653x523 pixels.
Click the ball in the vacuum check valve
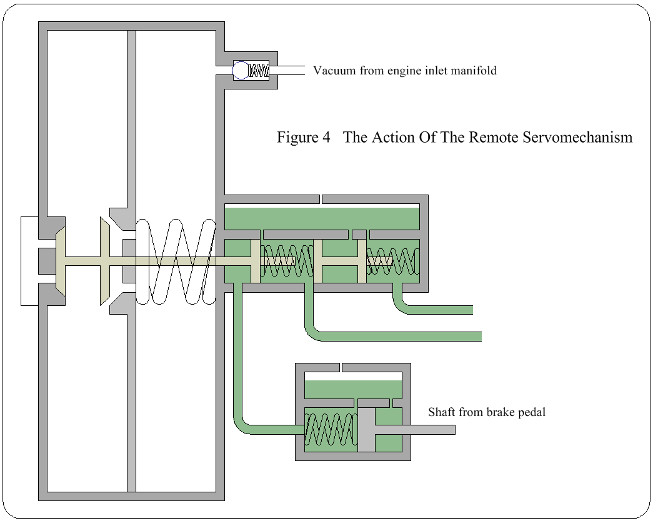[241, 70]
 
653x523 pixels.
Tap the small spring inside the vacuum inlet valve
[259, 70]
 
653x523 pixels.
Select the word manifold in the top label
[472, 71]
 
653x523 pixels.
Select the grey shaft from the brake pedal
[416, 429]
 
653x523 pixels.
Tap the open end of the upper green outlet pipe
[472, 310]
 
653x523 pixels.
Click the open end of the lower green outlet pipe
[481, 337]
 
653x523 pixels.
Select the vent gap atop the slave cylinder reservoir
[320, 199]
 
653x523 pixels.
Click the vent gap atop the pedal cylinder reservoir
[341, 367]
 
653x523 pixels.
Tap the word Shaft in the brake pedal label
[442, 412]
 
